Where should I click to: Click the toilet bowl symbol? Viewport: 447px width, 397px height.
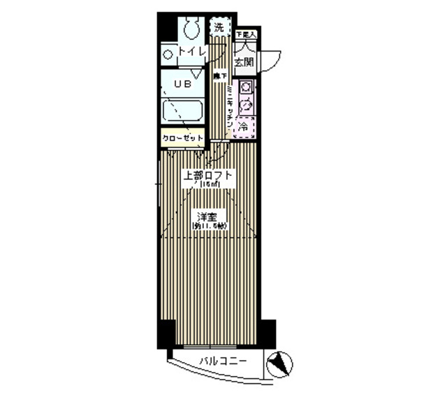pyautogui.click(x=190, y=28)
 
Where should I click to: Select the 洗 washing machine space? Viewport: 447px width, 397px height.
pyautogui.click(x=219, y=28)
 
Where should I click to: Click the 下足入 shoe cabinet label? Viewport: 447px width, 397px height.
pyautogui.click(x=245, y=33)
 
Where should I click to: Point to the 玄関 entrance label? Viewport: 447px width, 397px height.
pyautogui.click(x=244, y=63)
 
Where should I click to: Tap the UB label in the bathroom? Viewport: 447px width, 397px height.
pyautogui.click(x=173, y=83)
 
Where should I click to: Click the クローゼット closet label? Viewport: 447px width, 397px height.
pyautogui.click(x=183, y=138)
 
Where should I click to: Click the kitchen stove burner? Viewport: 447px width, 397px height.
pyautogui.click(x=246, y=89)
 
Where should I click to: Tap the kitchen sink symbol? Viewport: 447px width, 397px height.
pyautogui.click(x=246, y=106)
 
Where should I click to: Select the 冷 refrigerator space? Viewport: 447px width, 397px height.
pyautogui.click(x=244, y=127)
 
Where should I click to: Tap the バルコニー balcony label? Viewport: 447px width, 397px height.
pyautogui.click(x=219, y=361)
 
